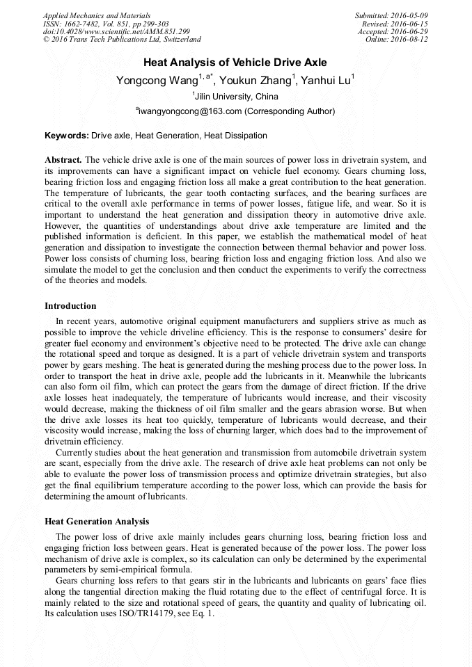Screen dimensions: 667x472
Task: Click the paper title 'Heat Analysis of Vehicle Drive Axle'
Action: click(235, 63)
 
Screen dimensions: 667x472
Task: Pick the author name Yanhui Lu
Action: click(327, 81)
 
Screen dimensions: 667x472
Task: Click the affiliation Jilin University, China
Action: click(236, 97)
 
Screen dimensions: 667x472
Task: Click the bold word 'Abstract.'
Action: click(63, 159)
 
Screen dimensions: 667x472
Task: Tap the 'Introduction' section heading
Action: click(70, 305)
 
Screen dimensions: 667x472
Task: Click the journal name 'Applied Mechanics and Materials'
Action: click(97, 15)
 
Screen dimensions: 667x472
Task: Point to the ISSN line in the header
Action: click(106, 24)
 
